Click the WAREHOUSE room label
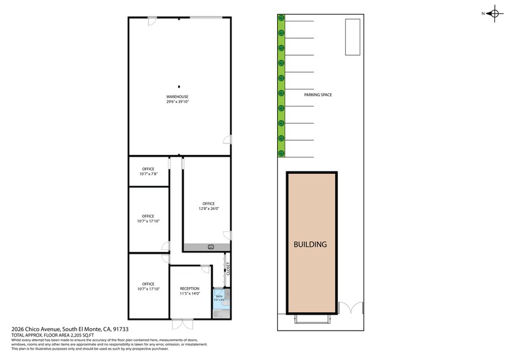(x=177, y=97)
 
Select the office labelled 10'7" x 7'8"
(x=147, y=171)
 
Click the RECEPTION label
(x=190, y=288)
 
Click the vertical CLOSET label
(x=228, y=269)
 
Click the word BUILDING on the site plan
(x=310, y=244)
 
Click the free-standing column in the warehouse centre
(x=179, y=86)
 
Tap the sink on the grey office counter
(x=210, y=247)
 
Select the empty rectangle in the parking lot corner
(x=352, y=37)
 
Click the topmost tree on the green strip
(x=281, y=18)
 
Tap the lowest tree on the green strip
(x=281, y=153)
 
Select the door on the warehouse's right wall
(x=228, y=140)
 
